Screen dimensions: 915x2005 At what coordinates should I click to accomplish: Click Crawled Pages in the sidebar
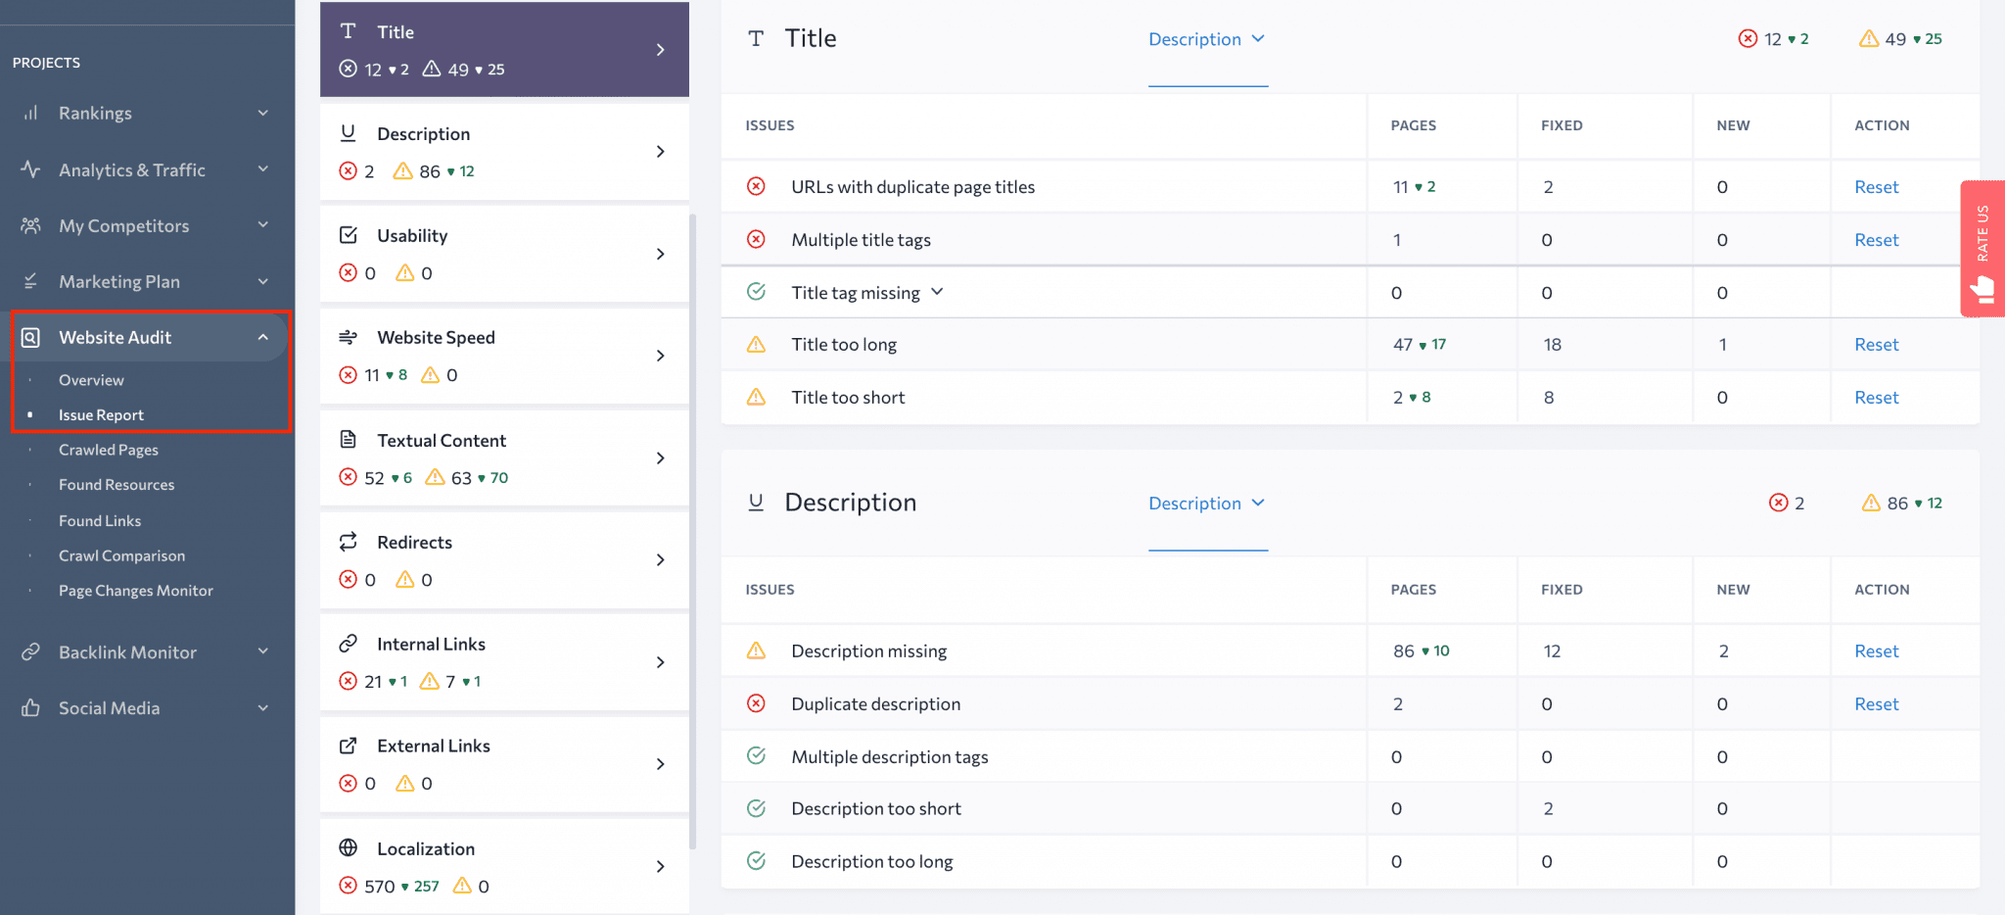(108, 450)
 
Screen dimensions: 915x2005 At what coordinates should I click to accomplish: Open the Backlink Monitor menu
(127, 652)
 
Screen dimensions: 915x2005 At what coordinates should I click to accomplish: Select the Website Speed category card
(504, 356)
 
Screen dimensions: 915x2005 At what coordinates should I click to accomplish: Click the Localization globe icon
(348, 848)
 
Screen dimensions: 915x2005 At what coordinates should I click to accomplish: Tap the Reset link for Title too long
(1876, 345)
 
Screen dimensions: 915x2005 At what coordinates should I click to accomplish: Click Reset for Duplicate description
(1876, 704)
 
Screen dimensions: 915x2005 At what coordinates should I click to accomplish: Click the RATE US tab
(1982, 248)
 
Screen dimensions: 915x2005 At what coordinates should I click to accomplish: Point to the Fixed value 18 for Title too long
(1552, 345)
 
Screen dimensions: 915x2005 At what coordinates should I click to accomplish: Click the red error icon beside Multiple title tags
(756, 240)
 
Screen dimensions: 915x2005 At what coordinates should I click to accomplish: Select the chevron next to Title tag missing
(937, 292)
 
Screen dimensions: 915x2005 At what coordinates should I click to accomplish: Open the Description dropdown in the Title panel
(1207, 39)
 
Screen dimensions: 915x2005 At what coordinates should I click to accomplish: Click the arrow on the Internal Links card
(661, 662)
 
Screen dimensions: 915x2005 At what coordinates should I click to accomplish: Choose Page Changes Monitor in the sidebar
(135, 591)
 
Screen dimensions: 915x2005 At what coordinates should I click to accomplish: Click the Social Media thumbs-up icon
(31, 708)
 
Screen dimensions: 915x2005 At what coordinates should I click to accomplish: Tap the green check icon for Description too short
(756, 809)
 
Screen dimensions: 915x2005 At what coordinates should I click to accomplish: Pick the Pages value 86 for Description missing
(1404, 651)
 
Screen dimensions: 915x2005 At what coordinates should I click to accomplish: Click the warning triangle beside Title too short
(756, 398)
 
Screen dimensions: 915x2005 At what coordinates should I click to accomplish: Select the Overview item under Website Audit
(91, 380)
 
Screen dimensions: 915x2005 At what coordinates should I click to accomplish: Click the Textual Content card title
(442, 441)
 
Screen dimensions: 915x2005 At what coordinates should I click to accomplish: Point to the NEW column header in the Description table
(1733, 590)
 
